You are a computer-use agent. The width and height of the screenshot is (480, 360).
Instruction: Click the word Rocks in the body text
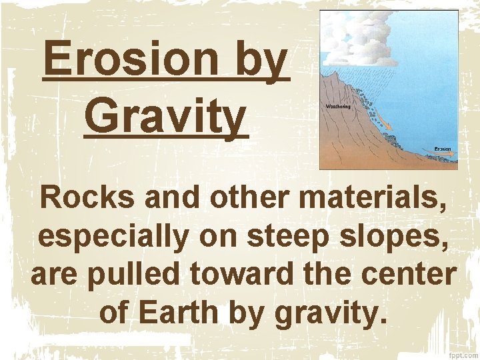[x=77, y=199]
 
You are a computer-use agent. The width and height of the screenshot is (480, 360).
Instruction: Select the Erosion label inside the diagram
[x=443, y=148]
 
